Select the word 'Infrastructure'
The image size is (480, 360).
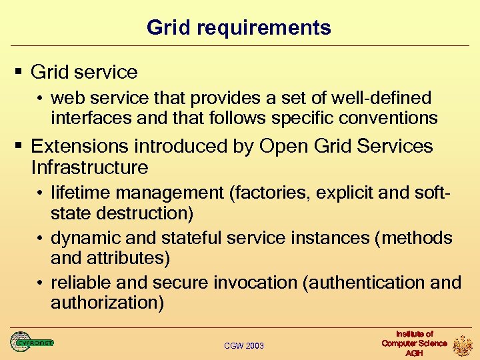(x=89, y=166)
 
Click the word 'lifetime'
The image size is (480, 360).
(x=80, y=193)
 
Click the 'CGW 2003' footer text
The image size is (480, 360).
(x=244, y=345)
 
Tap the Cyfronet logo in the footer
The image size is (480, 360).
(x=31, y=342)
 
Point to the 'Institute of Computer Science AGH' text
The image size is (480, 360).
(x=414, y=343)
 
